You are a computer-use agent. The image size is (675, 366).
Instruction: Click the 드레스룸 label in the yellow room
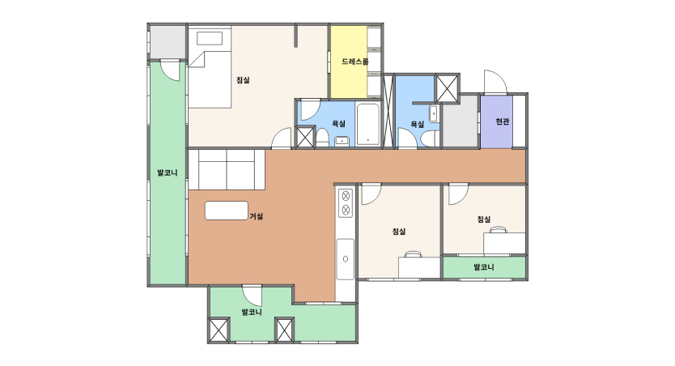pos(355,62)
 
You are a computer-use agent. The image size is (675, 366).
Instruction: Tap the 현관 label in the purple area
pos(503,121)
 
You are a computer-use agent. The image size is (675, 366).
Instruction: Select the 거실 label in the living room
pos(256,216)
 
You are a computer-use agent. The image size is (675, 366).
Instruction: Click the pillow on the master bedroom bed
pos(210,38)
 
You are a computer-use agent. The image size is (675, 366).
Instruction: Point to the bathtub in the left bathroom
pos(368,125)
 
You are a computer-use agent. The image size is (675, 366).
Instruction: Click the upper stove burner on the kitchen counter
pos(346,196)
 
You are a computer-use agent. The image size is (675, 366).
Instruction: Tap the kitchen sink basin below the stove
pos(346,259)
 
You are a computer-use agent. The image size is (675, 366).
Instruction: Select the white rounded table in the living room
pos(227,211)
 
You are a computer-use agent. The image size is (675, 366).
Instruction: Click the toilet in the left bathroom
pos(322,137)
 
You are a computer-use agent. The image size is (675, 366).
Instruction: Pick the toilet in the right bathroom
pos(430,138)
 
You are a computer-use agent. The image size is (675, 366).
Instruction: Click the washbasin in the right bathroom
pos(434,113)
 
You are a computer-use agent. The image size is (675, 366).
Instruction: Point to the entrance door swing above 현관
pos(495,82)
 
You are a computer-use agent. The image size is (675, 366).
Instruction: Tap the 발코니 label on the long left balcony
pos(168,173)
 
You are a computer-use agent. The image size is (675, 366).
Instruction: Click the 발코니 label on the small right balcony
pos(484,267)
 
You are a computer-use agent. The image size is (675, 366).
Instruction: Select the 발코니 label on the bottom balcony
pos(252,313)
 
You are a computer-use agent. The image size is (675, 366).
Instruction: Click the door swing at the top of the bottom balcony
pos(253,296)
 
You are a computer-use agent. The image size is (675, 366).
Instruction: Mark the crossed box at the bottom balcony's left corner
pos(219,330)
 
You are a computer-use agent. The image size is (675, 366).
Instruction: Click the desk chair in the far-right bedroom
pos(498,229)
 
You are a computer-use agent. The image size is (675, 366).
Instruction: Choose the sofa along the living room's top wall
pos(227,170)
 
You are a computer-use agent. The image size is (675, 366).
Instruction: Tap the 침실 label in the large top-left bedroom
pos(243,80)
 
